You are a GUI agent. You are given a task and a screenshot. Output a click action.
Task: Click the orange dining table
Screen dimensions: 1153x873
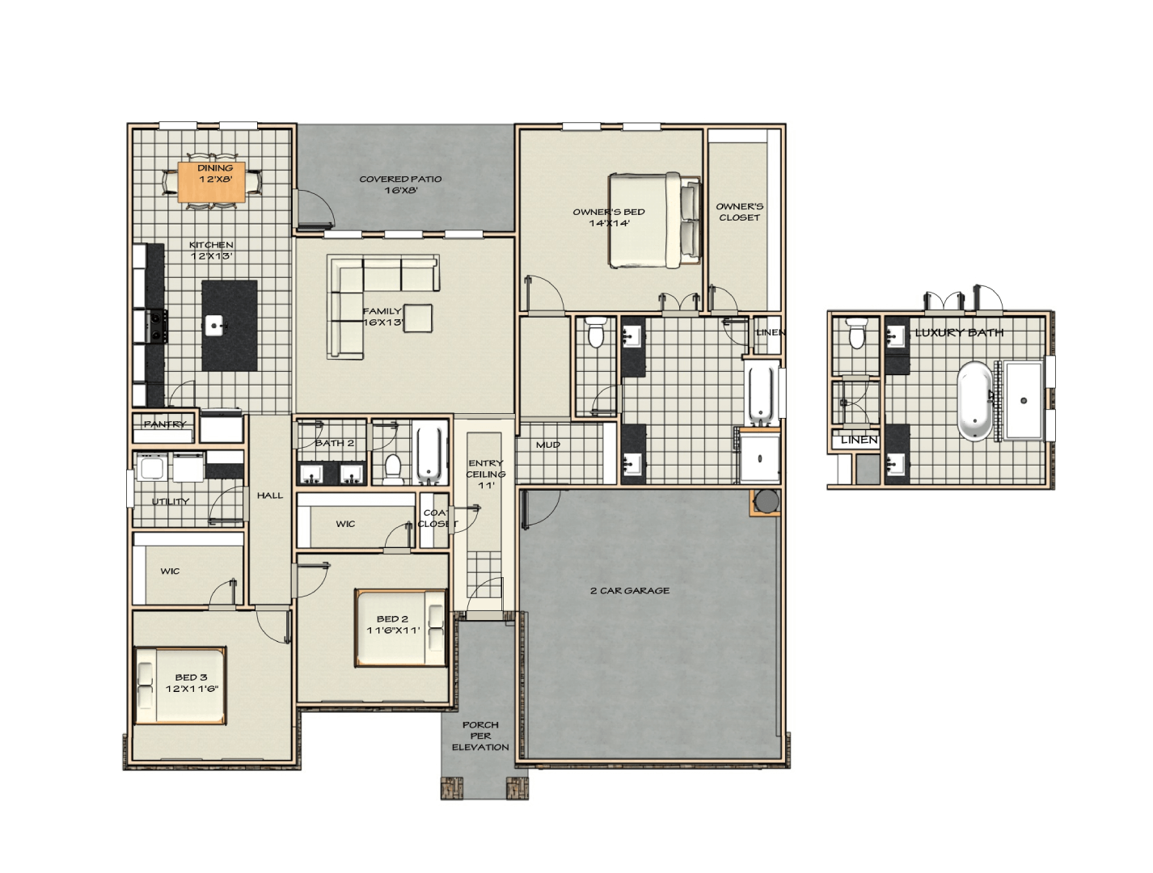click(x=211, y=182)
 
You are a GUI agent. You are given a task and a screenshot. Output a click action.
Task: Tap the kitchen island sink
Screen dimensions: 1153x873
click(x=214, y=325)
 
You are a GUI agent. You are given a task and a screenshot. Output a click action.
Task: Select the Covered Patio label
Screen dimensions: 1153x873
click(x=400, y=184)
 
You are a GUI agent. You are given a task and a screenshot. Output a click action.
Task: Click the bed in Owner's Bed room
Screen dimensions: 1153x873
click(x=654, y=220)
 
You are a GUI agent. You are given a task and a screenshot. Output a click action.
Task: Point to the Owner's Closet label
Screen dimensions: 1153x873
click(x=739, y=212)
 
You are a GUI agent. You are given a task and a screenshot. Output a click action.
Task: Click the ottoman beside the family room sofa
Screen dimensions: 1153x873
click(x=417, y=318)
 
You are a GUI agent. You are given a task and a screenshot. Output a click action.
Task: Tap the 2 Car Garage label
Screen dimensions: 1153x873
click(x=630, y=591)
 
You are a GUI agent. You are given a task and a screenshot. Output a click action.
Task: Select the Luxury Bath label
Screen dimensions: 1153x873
click(x=959, y=332)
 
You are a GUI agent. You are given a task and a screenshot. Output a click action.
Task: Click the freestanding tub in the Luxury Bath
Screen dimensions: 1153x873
click(x=975, y=400)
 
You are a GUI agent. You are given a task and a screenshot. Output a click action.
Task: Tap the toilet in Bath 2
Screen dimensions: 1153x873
click(x=392, y=469)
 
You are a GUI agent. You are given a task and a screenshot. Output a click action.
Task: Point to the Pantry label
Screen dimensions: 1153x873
click(x=165, y=424)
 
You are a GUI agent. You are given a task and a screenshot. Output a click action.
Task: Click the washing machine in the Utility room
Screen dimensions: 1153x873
click(x=151, y=466)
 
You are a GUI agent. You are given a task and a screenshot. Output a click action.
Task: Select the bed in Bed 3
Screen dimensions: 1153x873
click(x=180, y=685)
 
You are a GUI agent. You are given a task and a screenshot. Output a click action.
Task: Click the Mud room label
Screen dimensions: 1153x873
click(x=548, y=445)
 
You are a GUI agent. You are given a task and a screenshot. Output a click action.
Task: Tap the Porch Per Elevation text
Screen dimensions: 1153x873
click(x=480, y=736)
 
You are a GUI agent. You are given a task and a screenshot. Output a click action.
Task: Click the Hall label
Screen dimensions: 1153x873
click(x=270, y=495)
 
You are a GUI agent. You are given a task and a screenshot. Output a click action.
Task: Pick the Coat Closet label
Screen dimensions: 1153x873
click(x=437, y=518)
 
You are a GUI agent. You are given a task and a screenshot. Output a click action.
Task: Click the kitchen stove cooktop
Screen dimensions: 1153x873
click(x=157, y=326)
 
